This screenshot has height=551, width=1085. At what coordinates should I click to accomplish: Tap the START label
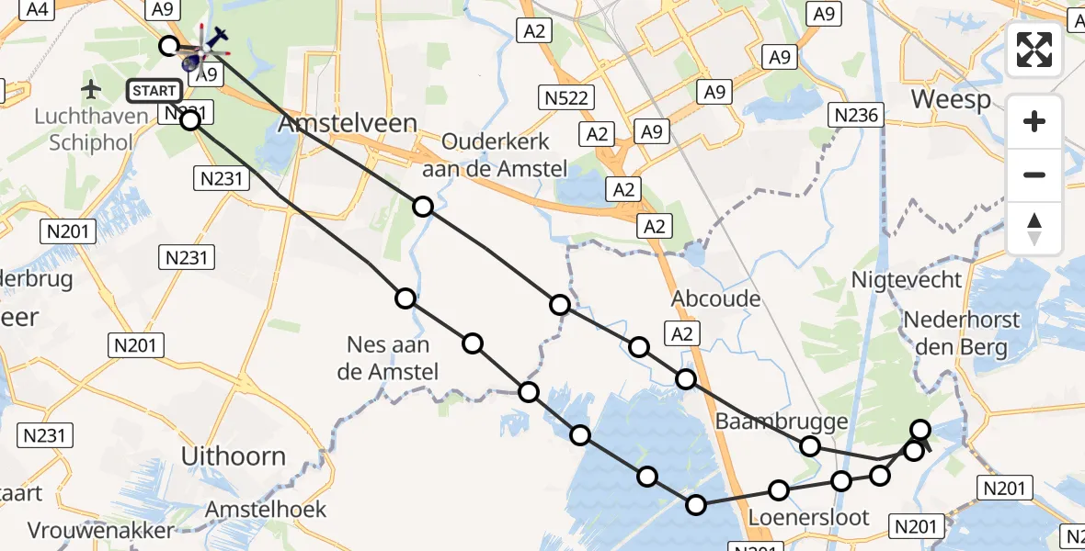coord(154,90)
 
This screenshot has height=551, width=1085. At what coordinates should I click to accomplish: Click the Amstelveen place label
coord(348,124)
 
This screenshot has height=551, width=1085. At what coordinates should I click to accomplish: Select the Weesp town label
coord(951,99)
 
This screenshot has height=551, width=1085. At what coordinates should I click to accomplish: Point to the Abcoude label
coord(715,298)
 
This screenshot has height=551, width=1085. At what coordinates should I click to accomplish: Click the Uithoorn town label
coord(234,455)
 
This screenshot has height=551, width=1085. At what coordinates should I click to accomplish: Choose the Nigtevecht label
coord(907,279)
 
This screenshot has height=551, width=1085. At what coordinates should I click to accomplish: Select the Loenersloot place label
coord(808,517)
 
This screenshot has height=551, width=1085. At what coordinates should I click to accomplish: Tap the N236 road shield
coord(856,115)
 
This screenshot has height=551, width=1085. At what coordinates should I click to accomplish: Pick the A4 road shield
coord(38,10)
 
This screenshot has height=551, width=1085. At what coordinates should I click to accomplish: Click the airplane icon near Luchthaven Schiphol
coord(91,89)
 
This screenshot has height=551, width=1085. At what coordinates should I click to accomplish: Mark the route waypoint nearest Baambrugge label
coord(809,446)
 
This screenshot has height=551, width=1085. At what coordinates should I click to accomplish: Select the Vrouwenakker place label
coord(100,531)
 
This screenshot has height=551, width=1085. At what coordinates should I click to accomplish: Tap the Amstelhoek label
coord(266,509)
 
